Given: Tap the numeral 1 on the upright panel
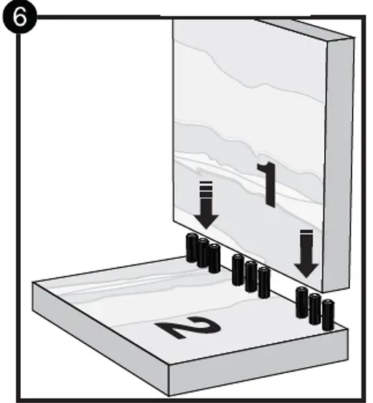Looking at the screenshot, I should click(x=268, y=184).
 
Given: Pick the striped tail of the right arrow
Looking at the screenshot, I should click(x=306, y=237).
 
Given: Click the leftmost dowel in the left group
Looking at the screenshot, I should click(x=192, y=248).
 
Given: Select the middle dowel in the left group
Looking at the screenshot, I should click(x=203, y=253).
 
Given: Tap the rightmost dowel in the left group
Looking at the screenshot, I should click(x=214, y=258).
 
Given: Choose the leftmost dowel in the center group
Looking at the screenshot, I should click(x=238, y=270).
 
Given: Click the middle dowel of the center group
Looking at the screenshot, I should click(x=250, y=275).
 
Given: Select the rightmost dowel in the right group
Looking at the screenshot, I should click(x=328, y=314).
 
